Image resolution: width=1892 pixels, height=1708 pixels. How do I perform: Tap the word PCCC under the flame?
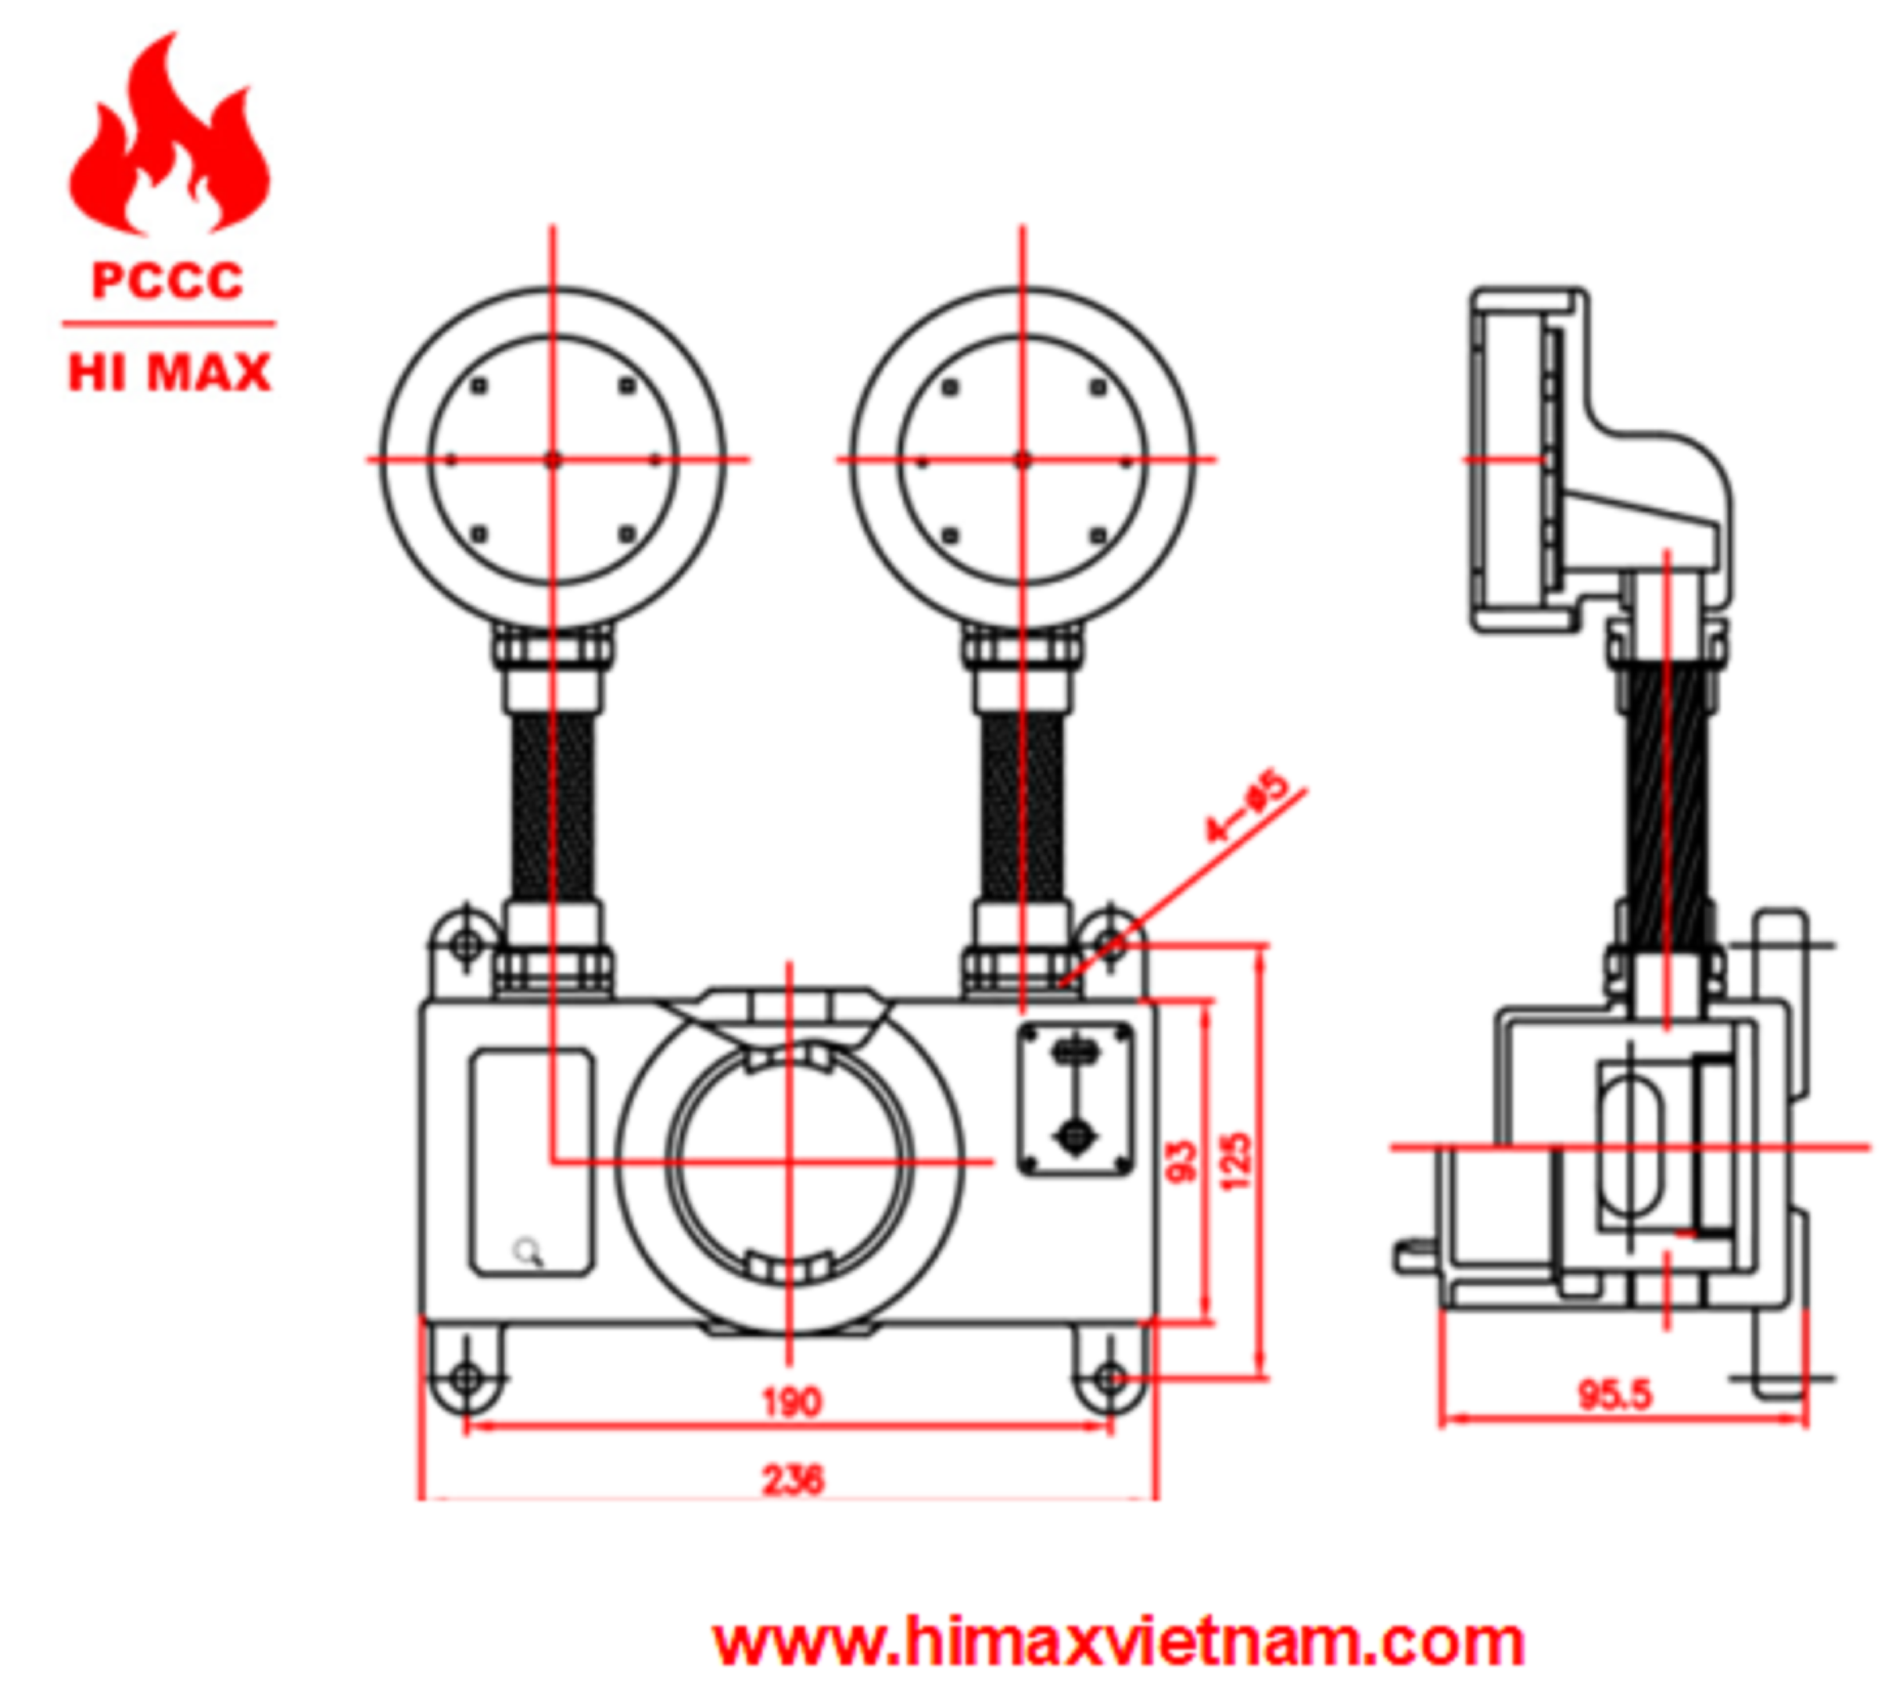pos(168,281)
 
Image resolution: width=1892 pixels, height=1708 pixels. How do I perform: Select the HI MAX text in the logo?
pos(170,373)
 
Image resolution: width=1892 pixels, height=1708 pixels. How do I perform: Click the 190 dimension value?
pos(791,1402)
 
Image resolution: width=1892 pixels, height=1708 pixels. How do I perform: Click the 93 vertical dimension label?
pos(1181,1161)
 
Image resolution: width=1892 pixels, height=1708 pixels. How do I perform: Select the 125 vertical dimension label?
pos(1235,1162)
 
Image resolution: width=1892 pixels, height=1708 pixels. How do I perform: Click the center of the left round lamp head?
pos(553,460)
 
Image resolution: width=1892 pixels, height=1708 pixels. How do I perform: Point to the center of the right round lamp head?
pos(1023,460)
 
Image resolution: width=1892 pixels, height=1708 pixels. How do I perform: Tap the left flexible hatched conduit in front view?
pos(553,807)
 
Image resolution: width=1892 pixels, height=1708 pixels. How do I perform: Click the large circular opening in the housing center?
pos(790,1162)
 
